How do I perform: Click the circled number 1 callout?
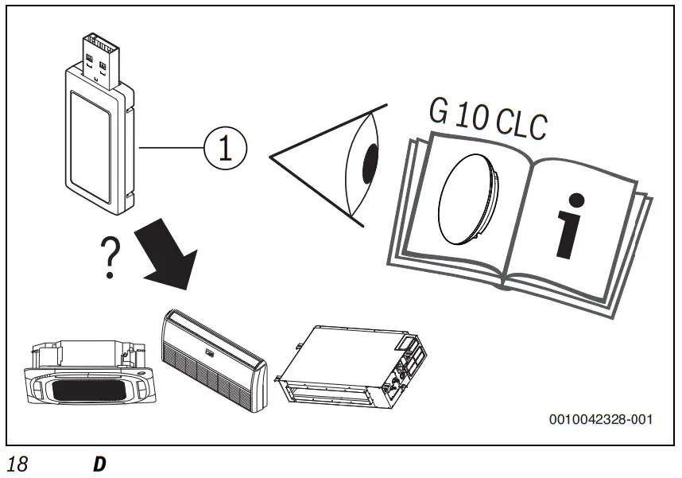pyautogui.click(x=225, y=149)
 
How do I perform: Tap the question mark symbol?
pyautogui.click(x=111, y=257)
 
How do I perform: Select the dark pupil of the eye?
pyautogui.click(x=370, y=164)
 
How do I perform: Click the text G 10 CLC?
pyautogui.click(x=487, y=119)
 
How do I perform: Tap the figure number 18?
pyautogui.click(x=17, y=464)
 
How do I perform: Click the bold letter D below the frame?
pyautogui.click(x=99, y=464)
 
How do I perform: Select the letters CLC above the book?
pyautogui.click(x=522, y=124)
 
